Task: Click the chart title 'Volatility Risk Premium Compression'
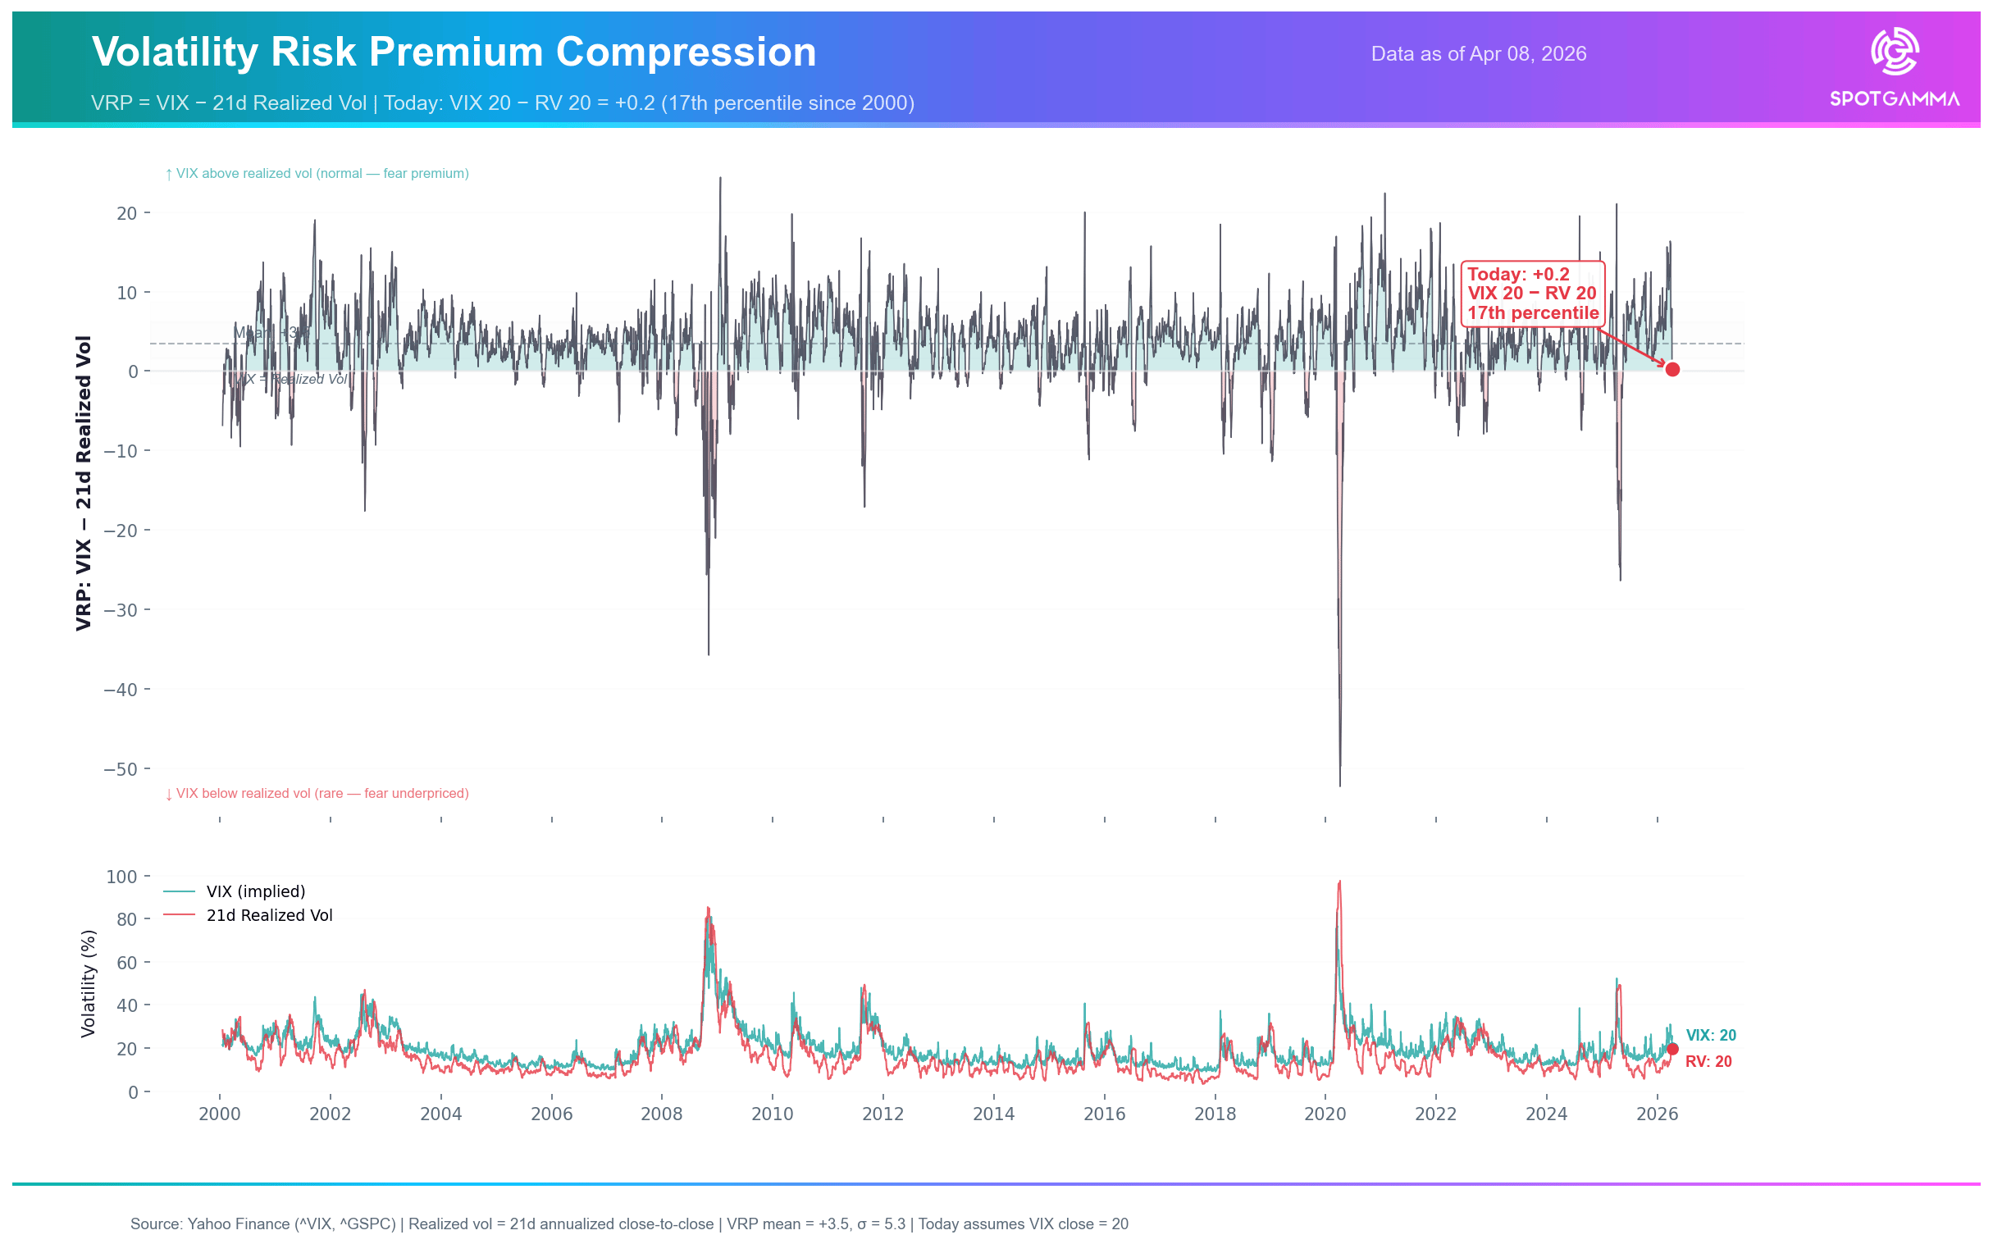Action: (454, 52)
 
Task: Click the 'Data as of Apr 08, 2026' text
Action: (1478, 54)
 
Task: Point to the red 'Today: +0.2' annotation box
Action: (1531, 294)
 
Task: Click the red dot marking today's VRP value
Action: (1672, 369)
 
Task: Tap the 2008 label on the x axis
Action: (662, 1114)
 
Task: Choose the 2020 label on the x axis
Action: (1325, 1114)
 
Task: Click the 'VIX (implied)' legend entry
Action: (255, 892)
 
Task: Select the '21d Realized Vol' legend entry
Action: (269, 916)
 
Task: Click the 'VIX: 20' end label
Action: (1710, 1036)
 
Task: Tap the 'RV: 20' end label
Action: (1708, 1062)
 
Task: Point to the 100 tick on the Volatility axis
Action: (121, 877)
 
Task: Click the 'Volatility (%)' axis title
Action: (88, 984)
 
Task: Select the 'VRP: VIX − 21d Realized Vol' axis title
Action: (83, 483)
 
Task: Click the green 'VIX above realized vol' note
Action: (317, 174)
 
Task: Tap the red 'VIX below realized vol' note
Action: (317, 794)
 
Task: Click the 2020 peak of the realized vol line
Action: (1339, 882)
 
